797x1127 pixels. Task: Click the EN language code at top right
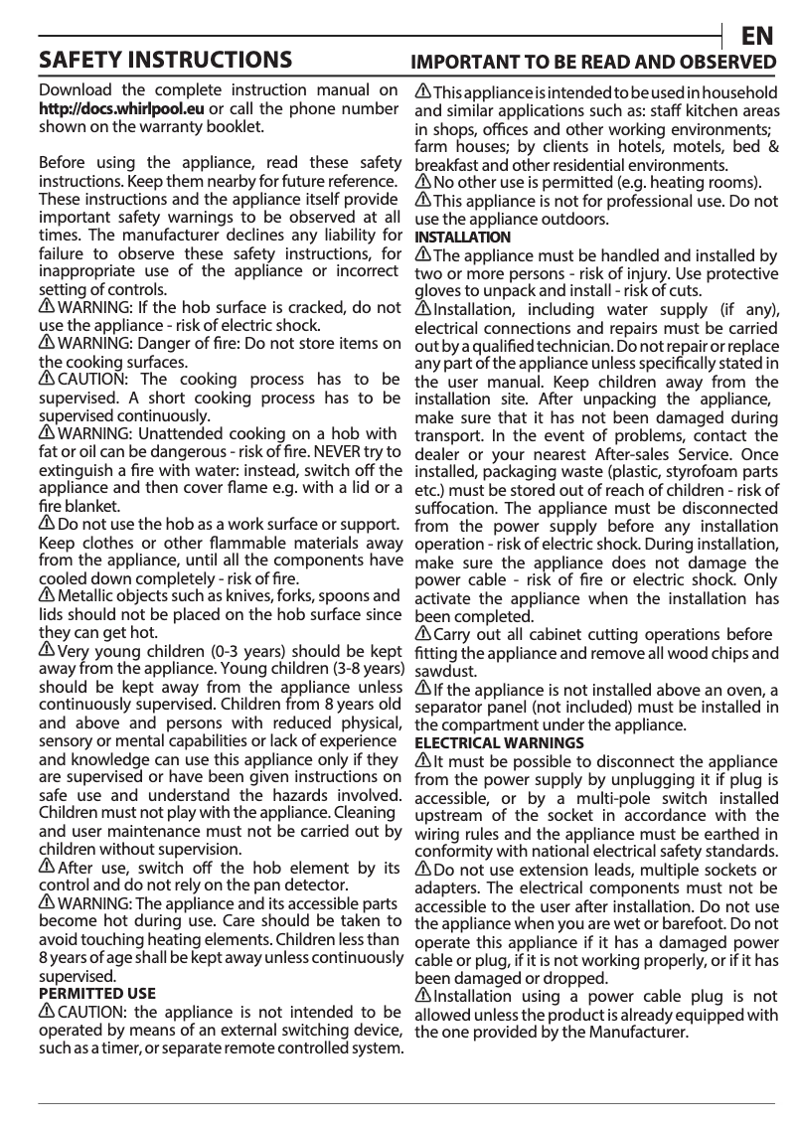758,37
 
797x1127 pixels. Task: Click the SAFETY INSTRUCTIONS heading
165,61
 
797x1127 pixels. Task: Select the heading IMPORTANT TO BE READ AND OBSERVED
593,63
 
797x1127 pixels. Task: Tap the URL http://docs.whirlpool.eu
121,108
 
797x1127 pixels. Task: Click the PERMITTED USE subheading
96,993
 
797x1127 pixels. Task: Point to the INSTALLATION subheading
462,238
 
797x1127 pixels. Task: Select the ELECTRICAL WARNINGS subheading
499,742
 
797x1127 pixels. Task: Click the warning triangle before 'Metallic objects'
47,595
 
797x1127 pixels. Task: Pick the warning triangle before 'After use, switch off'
47,867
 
